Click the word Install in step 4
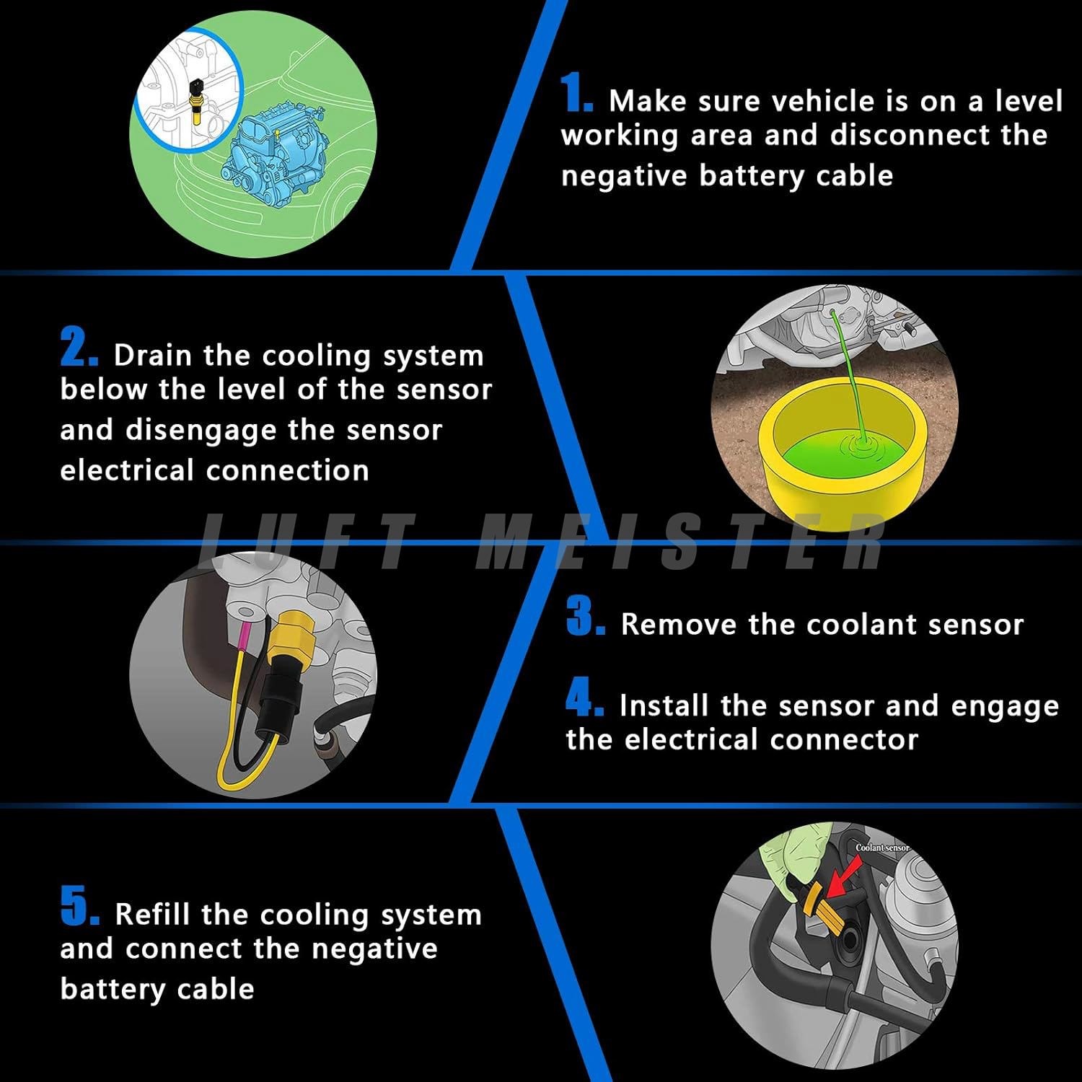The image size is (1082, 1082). [x=664, y=705]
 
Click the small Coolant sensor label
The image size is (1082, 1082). [x=882, y=848]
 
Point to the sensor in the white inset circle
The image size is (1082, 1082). [x=194, y=94]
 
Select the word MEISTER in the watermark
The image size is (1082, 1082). [x=682, y=541]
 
